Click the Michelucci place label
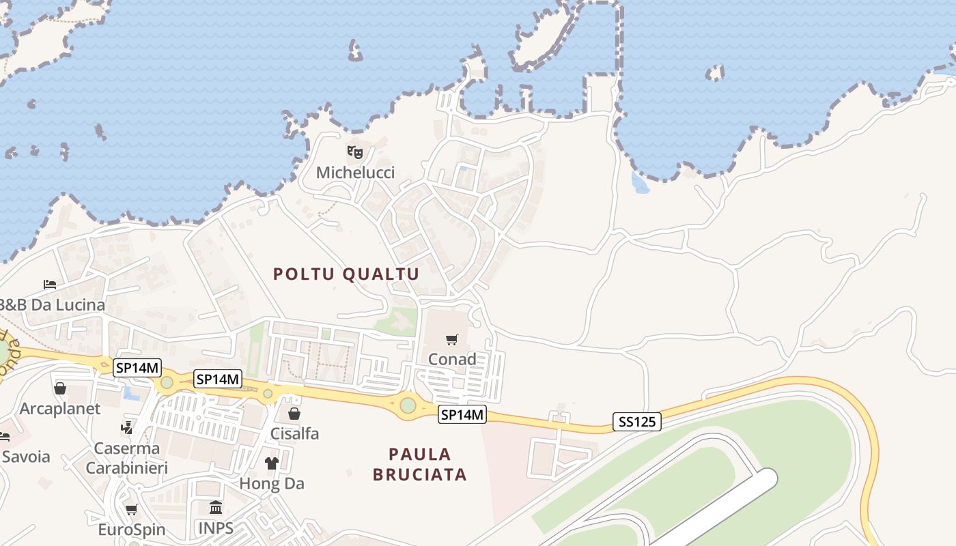355,173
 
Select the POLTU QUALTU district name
346,274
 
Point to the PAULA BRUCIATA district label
420,464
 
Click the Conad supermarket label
451,359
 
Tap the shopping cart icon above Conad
451,339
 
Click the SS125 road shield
636,422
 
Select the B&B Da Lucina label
53,305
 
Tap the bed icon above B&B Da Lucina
50,284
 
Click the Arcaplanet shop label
60,409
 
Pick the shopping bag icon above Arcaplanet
60,388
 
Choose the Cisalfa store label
294,433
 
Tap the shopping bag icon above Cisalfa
294,414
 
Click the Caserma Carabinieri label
126,458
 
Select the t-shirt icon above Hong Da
272,463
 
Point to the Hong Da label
272,484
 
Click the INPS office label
216,528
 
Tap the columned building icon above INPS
216,507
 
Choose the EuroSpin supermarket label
131,530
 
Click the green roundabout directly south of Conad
408,405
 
